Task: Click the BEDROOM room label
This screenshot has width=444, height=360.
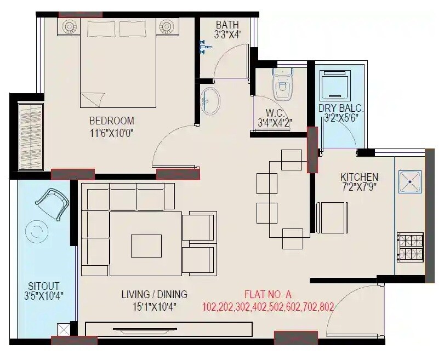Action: [111, 121]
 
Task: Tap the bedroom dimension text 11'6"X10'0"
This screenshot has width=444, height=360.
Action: [112, 132]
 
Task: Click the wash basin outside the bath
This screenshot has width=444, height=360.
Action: [210, 100]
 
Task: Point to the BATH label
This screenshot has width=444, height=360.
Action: [227, 25]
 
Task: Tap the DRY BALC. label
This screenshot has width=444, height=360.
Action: [340, 108]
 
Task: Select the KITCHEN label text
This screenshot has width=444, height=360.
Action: [359, 177]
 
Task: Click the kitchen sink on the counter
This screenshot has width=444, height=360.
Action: [410, 181]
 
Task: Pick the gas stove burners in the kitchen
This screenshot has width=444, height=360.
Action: [410, 246]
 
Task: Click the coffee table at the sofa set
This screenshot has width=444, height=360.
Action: [146, 245]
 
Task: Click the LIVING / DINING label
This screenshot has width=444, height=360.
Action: [154, 295]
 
